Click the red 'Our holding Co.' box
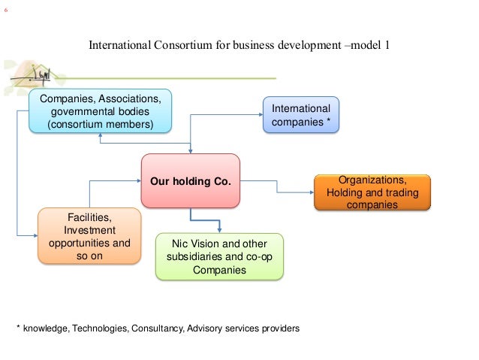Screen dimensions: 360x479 click(190, 181)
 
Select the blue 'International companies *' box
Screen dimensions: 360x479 click(301, 115)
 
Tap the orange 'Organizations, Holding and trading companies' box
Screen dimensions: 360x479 click(372, 192)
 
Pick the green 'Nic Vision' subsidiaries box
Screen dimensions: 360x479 click(219, 256)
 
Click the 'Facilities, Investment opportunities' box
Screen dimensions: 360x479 click(89, 236)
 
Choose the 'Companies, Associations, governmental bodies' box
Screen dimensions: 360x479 click(100, 111)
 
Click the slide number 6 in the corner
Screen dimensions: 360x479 click(6, 11)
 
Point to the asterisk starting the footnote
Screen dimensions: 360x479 click(20, 328)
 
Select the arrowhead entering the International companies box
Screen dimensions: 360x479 click(259, 113)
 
